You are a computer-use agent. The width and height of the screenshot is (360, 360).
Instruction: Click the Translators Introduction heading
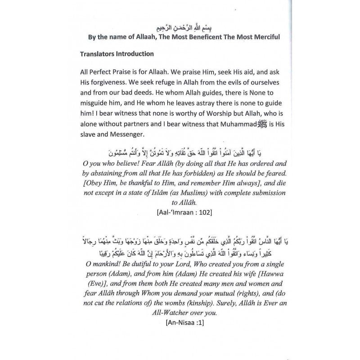point(117,54)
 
